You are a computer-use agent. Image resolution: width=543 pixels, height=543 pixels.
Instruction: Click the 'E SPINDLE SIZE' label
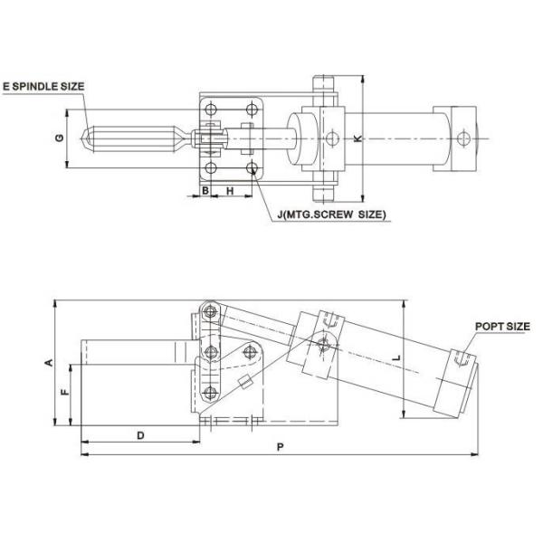43,86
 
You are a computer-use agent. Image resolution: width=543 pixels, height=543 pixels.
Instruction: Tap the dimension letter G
59,138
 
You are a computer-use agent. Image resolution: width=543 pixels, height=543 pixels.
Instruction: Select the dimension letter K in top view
357,138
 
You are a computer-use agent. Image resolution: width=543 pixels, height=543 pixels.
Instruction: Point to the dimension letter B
205,191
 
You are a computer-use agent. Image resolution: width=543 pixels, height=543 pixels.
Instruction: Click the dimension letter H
230,191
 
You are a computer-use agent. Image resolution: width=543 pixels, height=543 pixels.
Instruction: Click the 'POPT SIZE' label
501,326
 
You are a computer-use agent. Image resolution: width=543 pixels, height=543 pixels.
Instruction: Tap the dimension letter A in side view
50,362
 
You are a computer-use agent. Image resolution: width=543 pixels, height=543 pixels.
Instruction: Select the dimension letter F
63,394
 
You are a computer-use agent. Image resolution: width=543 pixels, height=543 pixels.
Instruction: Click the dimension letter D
140,435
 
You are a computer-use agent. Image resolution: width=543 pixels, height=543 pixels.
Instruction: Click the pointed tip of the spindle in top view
82,138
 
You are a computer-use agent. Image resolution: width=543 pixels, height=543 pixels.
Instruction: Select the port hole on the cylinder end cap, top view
464,138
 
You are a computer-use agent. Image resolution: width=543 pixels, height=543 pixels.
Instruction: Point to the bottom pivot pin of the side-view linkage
211,391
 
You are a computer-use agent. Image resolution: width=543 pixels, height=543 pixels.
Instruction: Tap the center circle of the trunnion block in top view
332,138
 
